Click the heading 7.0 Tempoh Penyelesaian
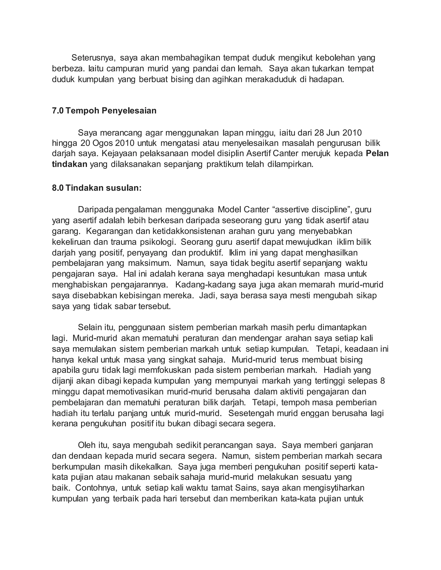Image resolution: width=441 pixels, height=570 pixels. (104, 111)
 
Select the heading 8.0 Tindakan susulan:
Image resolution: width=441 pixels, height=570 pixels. (97, 188)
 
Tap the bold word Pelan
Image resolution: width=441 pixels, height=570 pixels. (377, 153)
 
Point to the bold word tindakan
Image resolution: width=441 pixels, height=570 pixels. (70, 164)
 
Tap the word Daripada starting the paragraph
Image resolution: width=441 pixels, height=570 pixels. (96, 210)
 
